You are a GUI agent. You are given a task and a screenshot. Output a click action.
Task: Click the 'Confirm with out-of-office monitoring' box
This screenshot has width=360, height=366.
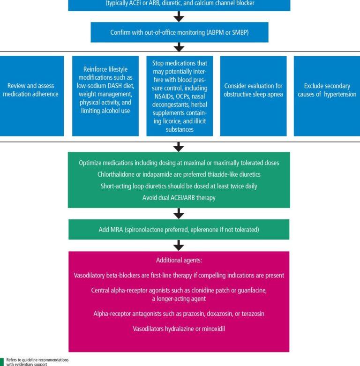click(180, 32)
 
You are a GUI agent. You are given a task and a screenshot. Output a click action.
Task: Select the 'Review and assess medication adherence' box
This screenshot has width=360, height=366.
click(33, 96)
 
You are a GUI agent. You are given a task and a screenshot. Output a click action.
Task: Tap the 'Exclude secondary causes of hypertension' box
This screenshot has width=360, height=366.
click(327, 96)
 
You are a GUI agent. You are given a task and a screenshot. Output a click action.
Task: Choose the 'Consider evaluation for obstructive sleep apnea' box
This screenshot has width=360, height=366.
click(253, 96)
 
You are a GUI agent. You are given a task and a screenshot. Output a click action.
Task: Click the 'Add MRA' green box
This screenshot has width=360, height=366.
click(178, 230)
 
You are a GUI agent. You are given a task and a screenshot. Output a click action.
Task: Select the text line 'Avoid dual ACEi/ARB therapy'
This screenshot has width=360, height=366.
click(179, 198)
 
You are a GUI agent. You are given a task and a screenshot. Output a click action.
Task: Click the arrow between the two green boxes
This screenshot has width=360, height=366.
click(179, 213)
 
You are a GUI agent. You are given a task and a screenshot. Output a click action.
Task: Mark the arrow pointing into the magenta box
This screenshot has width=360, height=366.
click(179, 245)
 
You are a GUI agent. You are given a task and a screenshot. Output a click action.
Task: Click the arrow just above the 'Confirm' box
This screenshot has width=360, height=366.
click(179, 17)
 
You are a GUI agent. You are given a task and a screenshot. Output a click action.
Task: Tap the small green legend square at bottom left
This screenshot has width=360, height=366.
click(2, 361)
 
